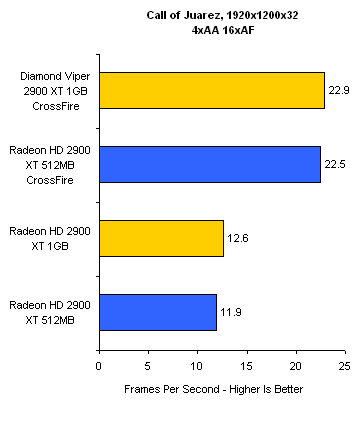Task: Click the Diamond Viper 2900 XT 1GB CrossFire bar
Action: tap(212, 90)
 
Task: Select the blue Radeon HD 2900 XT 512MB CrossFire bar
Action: tap(210, 164)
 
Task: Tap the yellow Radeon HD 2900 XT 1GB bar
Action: tap(162, 238)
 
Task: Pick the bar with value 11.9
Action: tap(158, 312)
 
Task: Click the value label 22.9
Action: tap(339, 90)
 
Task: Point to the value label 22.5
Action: tap(335, 164)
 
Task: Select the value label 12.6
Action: tap(238, 238)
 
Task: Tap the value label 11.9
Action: tap(231, 312)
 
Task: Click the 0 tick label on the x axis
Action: tap(98, 366)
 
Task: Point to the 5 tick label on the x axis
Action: tap(147, 366)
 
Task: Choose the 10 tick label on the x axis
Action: tap(196, 366)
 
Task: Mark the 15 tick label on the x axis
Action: tap(246, 366)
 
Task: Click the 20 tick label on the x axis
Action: tap(295, 366)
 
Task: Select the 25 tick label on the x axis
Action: tap(344, 366)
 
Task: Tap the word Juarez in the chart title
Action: tap(203, 16)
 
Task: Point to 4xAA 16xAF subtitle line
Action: tap(223, 30)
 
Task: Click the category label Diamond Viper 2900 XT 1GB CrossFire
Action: tap(55, 91)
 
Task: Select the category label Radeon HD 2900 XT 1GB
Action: tap(50, 239)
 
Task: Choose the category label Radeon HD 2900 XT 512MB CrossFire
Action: tap(50, 165)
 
